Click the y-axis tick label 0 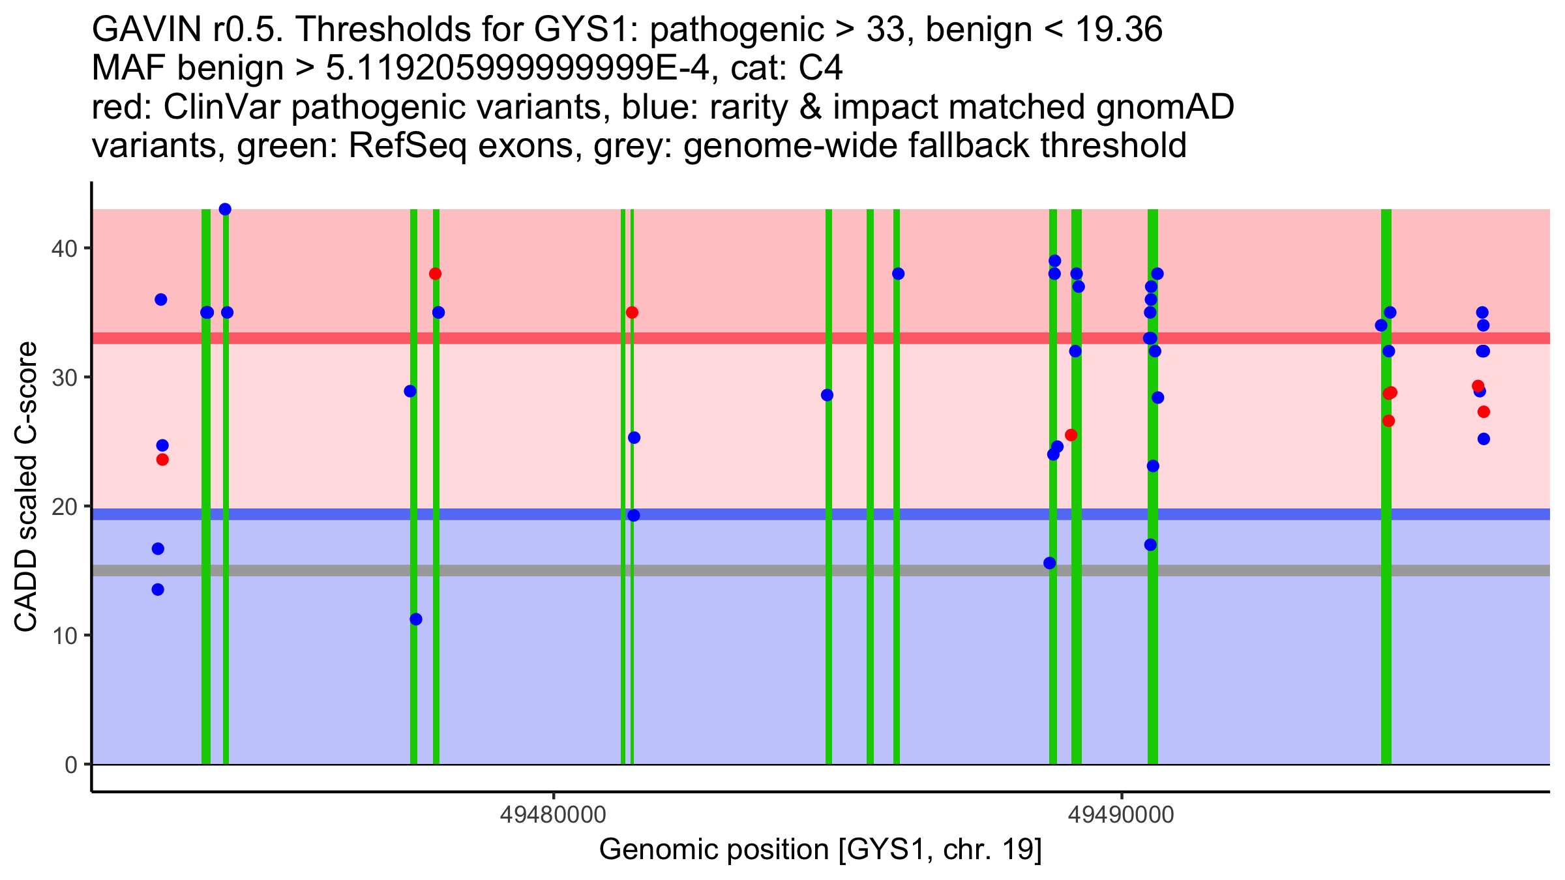(x=70, y=765)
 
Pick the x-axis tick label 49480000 (x=553, y=815)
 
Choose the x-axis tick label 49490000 (x=1122, y=815)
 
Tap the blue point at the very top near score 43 (x=225, y=209)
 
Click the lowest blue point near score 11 (x=416, y=619)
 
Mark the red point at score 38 (x=435, y=274)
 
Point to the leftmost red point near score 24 (x=162, y=460)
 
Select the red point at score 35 (x=632, y=313)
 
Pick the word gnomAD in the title (x=1165, y=108)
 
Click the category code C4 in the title (x=820, y=68)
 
